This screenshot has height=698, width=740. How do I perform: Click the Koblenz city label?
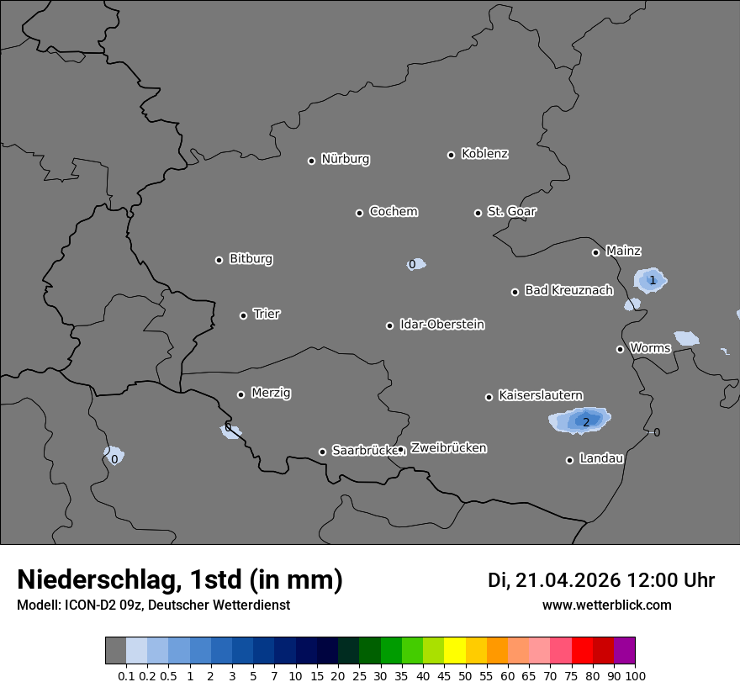tap(484, 154)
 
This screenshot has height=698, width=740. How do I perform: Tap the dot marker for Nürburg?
tap(311, 161)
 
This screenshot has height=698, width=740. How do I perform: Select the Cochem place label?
tap(393, 211)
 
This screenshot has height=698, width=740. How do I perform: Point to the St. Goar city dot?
tap(478, 213)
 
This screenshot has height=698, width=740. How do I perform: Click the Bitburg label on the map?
tap(251, 259)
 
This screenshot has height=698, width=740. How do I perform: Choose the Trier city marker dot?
tap(243, 315)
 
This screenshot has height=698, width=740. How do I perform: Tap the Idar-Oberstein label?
tap(441, 324)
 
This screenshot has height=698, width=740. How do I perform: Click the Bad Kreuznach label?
tap(568, 290)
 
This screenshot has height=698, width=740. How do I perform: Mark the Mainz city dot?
tap(595, 252)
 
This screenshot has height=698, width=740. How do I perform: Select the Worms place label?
tap(650, 347)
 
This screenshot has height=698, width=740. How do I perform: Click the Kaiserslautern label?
tap(540, 395)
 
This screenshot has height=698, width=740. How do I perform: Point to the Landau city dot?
tap(569, 460)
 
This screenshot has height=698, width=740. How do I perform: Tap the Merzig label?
tap(271, 393)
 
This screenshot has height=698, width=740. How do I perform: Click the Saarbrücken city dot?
tap(322, 452)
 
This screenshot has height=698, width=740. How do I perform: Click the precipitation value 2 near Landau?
tap(586, 422)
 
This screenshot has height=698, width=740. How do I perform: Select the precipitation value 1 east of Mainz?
tap(652, 280)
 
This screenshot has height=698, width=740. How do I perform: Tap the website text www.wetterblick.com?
tap(606, 605)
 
